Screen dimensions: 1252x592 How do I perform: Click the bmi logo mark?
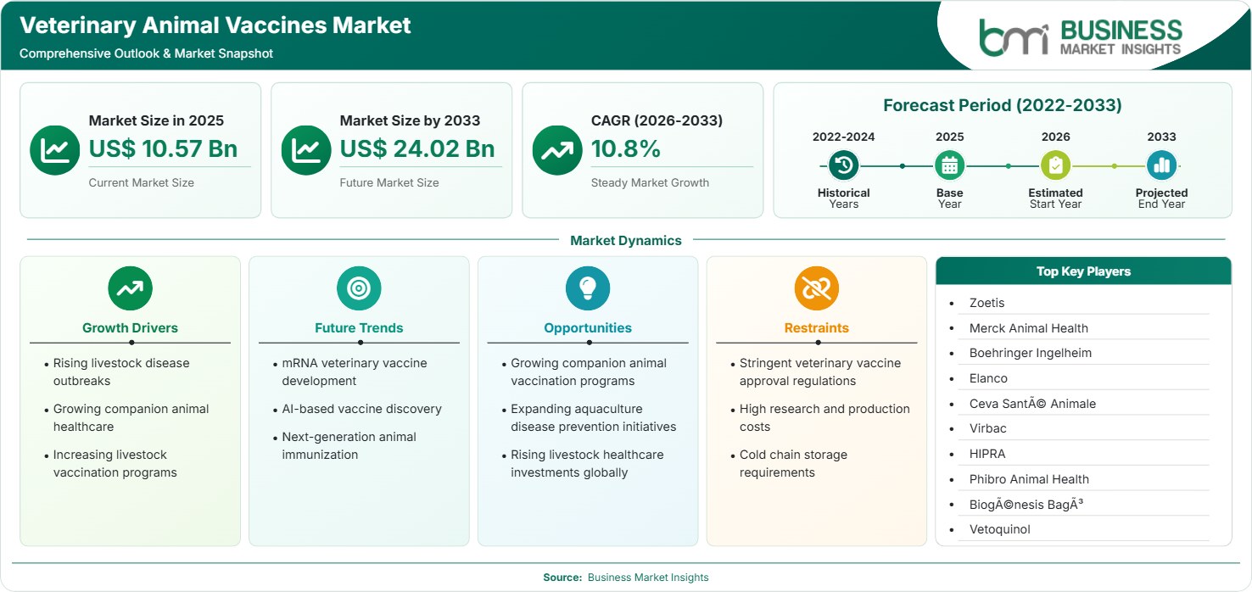1014,38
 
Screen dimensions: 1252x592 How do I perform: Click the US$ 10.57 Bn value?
163,148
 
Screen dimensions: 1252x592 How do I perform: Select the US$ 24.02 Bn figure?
417,148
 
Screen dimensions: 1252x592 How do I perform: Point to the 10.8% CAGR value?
625,148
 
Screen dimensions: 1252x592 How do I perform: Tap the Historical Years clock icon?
843,165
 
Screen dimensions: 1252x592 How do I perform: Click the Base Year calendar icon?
950,165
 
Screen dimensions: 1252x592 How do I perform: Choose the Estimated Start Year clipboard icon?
1055,165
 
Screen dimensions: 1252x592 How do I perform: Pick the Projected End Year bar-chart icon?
1161,165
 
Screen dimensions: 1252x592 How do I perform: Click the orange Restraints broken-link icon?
817,288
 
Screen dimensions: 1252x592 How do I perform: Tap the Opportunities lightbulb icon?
588,288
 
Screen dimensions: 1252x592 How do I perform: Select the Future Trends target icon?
359,288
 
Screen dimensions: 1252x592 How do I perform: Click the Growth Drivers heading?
131,328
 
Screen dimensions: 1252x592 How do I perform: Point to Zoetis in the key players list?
987,303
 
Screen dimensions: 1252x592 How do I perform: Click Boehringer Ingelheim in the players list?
1031,354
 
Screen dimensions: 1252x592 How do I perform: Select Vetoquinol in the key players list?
1000,529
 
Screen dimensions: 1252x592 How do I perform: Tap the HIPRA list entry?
987,454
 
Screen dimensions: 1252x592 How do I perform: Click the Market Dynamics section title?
626,241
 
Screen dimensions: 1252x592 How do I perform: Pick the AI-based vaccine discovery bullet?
361,409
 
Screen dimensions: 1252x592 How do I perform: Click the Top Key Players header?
1084,271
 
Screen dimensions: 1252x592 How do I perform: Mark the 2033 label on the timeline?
1161,137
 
